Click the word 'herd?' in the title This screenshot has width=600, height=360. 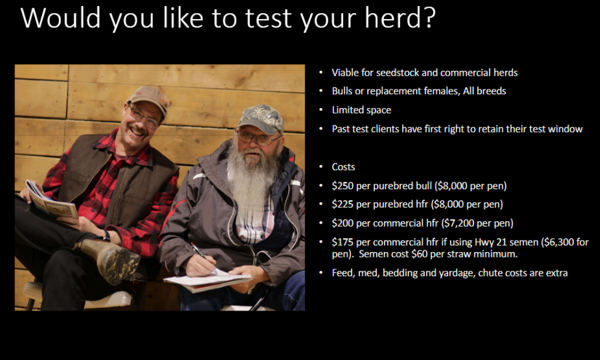[x=400, y=17]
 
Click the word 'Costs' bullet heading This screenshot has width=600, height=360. [x=343, y=167]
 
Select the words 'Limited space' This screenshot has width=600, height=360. [x=362, y=110]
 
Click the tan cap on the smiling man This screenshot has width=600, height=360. [x=150, y=98]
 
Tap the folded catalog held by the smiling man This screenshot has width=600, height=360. [x=50, y=200]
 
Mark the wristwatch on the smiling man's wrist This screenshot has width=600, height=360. [x=106, y=236]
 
